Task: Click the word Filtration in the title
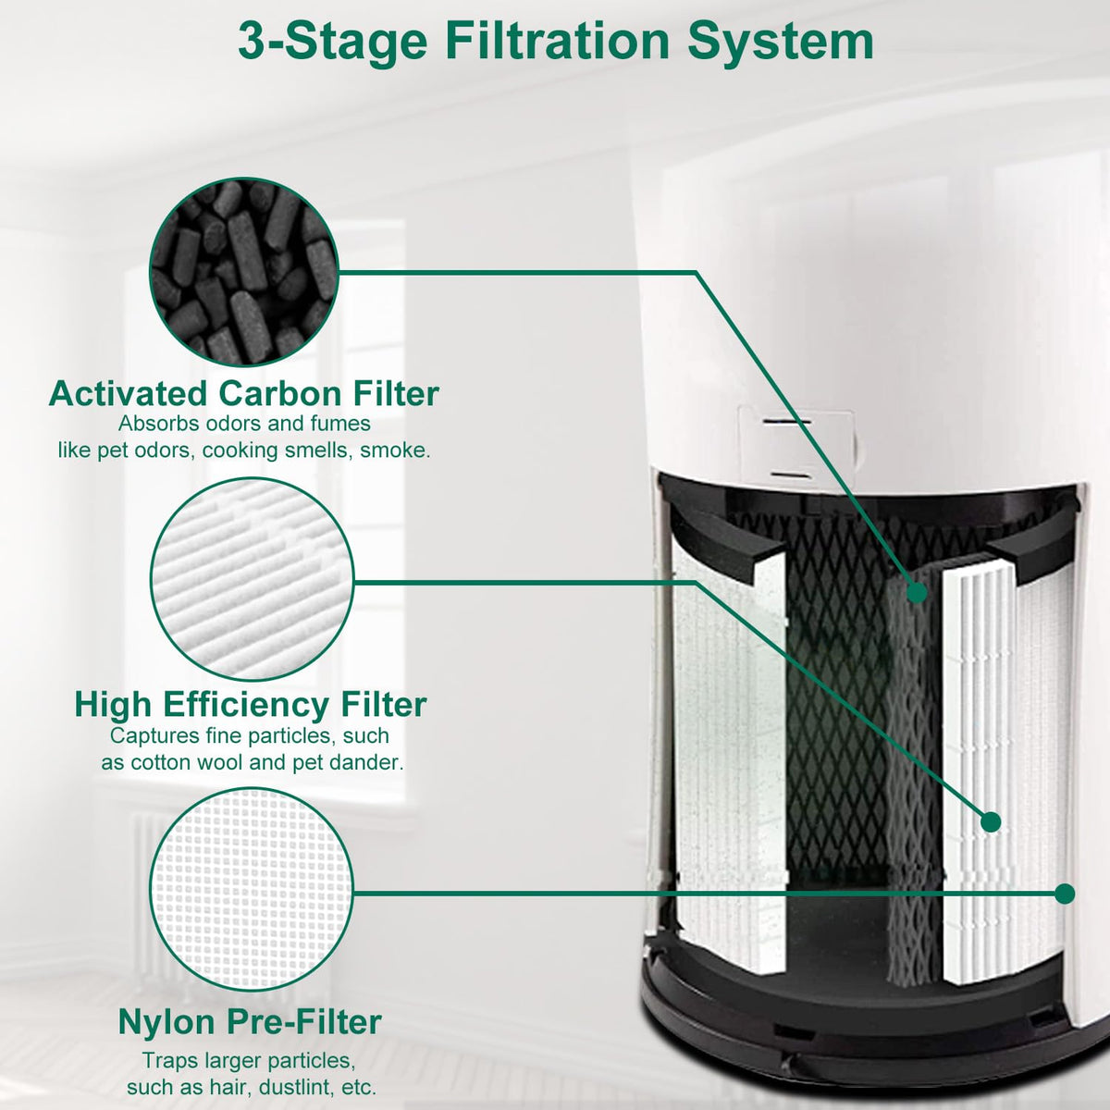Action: tap(557, 41)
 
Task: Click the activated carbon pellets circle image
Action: tap(244, 271)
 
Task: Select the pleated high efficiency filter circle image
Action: tap(253, 579)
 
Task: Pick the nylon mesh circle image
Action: tap(252, 894)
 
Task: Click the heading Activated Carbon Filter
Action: tap(244, 394)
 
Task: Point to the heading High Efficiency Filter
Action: tap(251, 706)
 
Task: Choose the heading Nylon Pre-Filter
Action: tap(250, 1022)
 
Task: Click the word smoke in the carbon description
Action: tap(395, 450)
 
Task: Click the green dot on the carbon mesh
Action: tap(917, 592)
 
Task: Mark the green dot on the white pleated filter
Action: tap(991, 822)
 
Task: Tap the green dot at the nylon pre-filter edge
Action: tap(1065, 894)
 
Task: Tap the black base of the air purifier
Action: tap(864, 1031)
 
